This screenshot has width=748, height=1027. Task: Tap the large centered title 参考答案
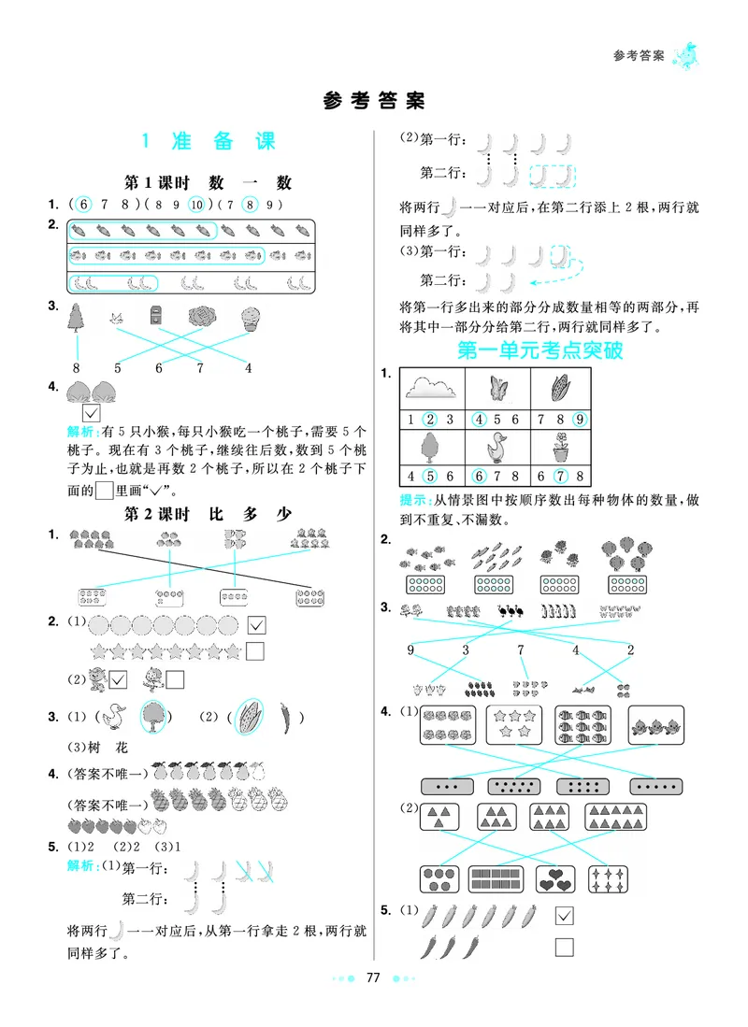[x=374, y=100]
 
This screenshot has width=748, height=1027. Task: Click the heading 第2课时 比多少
[x=208, y=514]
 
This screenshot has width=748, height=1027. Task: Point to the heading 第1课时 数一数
[x=208, y=183]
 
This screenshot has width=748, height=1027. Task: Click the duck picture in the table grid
[x=496, y=448]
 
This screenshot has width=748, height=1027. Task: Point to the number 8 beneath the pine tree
[x=75, y=367]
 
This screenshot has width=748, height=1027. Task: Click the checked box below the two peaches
[x=91, y=412]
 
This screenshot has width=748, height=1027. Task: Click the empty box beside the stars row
[x=254, y=650]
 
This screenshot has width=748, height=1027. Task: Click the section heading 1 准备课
[x=208, y=142]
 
